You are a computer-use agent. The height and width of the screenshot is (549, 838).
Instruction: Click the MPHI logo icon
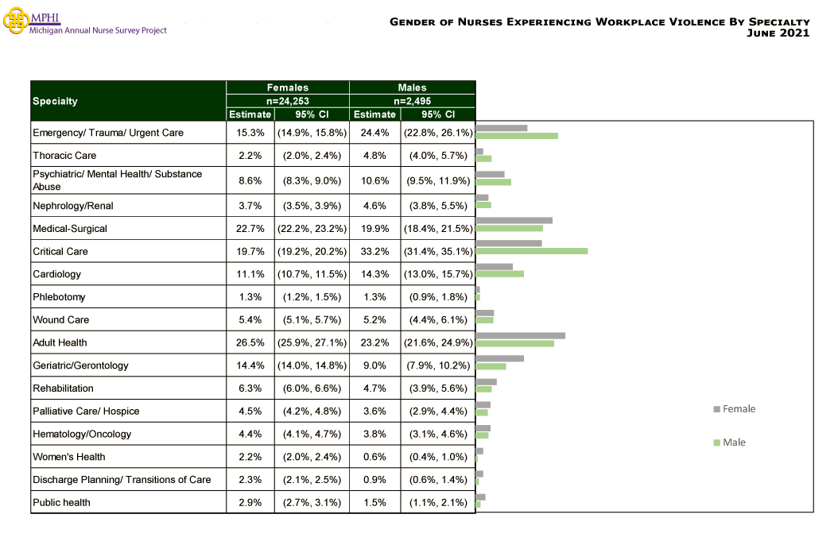[x=15, y=22]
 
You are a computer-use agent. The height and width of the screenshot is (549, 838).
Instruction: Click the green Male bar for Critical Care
[x=531, y=251]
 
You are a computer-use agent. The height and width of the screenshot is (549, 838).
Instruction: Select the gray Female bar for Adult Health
[x=520, y=335]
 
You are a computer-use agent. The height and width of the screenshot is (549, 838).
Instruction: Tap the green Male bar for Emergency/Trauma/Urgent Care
[x=516, y=136]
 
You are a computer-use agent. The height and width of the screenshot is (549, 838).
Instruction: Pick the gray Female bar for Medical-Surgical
[x=514, y=220]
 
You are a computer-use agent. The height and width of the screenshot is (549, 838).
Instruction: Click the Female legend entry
[x=735, y=409]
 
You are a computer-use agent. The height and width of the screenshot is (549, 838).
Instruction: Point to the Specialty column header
[x=56, y=101]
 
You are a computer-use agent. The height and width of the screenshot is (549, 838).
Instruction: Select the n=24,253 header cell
[x=287, y=101]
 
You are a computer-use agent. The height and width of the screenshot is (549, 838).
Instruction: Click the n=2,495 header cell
[x=412, y=101]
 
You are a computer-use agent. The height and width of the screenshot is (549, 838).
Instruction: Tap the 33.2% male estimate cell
[x=374, y=251]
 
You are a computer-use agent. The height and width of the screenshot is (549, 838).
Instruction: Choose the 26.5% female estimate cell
[x=250, y=342]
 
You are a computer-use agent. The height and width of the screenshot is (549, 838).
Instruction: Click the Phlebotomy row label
[x=59, y=297]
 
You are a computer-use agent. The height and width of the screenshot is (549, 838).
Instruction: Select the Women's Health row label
[x=68, y=457]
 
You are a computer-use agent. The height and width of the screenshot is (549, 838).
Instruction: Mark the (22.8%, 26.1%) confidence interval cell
[x=438, y=133]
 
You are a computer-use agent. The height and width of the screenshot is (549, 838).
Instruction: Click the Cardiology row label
[x=58, y=274]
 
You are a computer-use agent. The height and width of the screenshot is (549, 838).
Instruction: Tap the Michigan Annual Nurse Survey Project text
[x=98, y=30]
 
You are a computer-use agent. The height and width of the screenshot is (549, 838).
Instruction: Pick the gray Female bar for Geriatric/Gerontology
[x=499, y=358]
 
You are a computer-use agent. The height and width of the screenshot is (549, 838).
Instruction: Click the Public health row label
[x=61, y=502]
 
